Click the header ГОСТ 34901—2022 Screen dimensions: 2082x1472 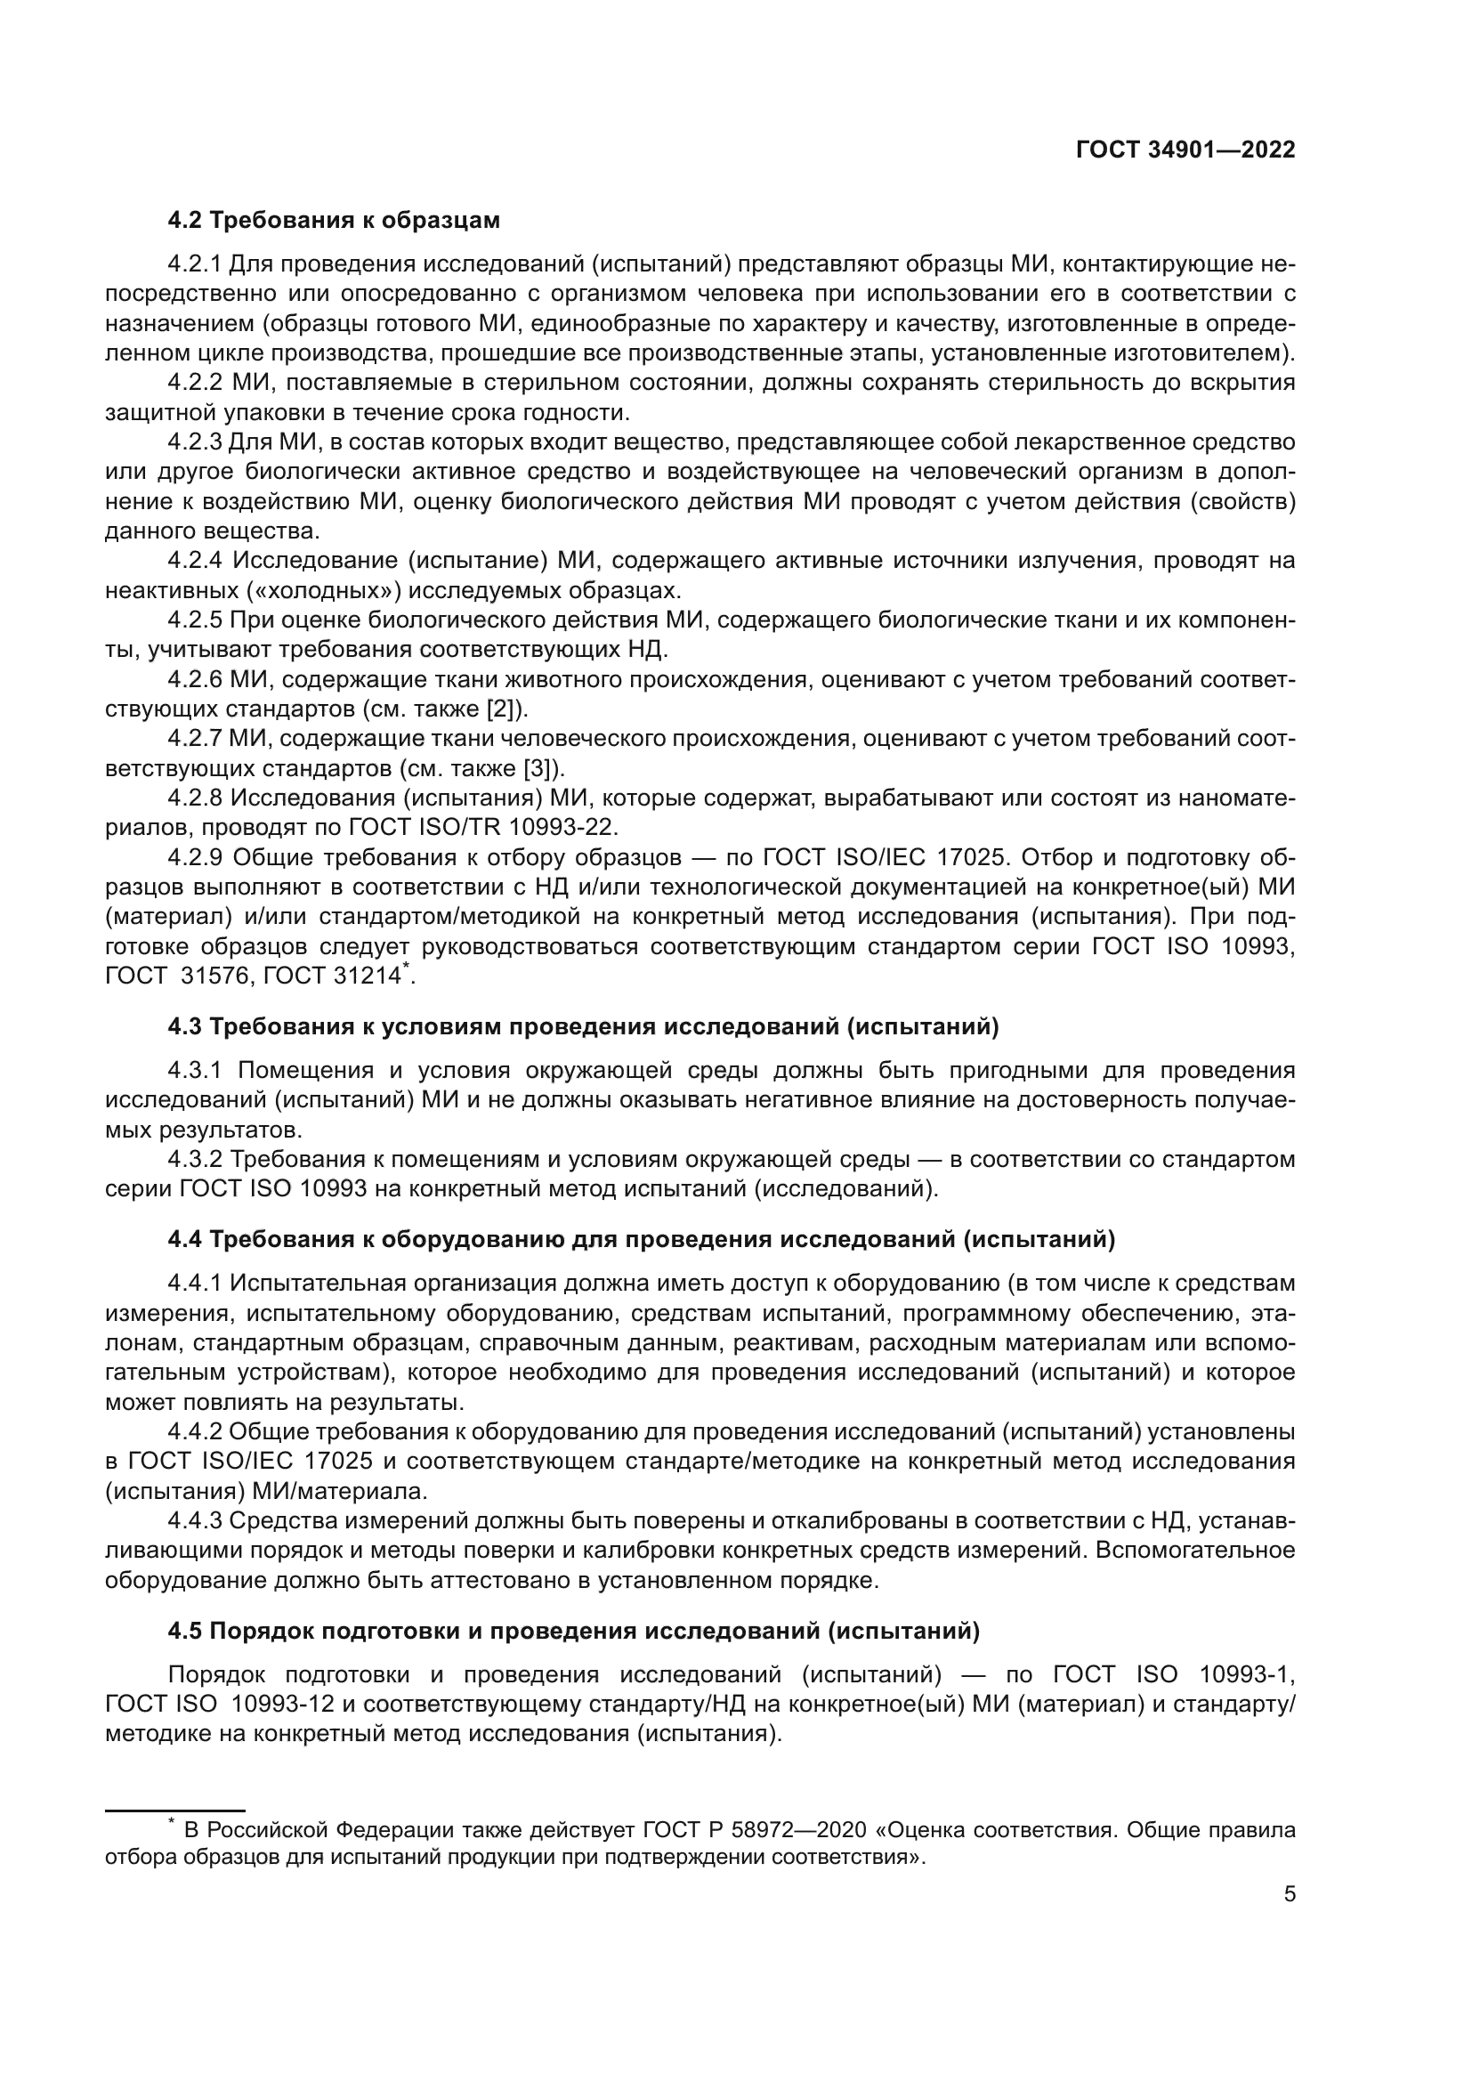[1185, 150]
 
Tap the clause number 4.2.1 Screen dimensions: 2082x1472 [194, 264]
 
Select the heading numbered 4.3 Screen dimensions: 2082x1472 [583, 1027]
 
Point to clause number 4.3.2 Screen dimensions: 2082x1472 [194, 1160]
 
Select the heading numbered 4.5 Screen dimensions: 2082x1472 [573, 1632]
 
